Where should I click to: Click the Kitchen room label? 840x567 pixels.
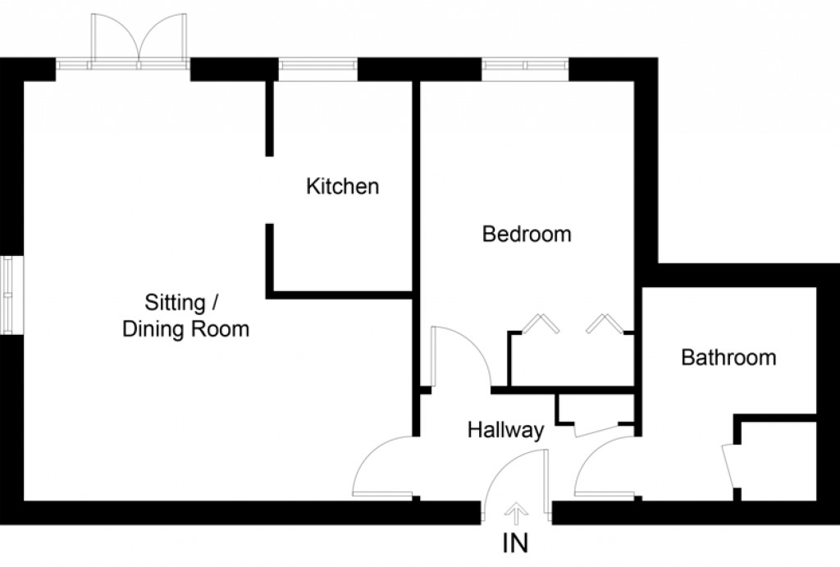pos(342,187)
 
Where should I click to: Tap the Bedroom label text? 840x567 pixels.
pos(527,235)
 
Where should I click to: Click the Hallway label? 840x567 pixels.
pos(506,430)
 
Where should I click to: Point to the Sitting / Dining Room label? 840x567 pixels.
pos(185,316)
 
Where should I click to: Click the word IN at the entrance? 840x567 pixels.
pos(516,542)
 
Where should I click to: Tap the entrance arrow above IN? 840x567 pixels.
pos(516,514)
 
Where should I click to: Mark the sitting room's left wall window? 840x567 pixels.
pos(8,295)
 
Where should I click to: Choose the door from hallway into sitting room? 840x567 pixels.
pos(381,468)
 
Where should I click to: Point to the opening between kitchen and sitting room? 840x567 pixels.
pos(269,190)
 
